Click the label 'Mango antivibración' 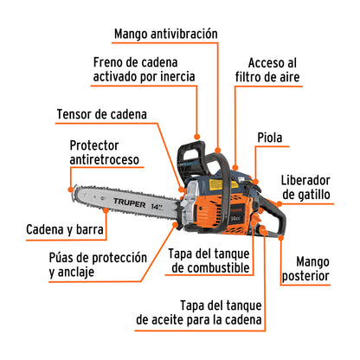[x=165, y=34]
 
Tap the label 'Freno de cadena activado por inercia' [x=145, y=70]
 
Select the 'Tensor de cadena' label [x=101, y=113]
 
